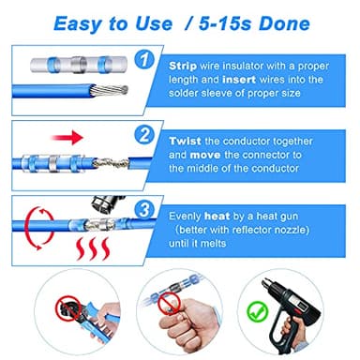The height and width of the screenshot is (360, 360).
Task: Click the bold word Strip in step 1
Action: tap(183, 67)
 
